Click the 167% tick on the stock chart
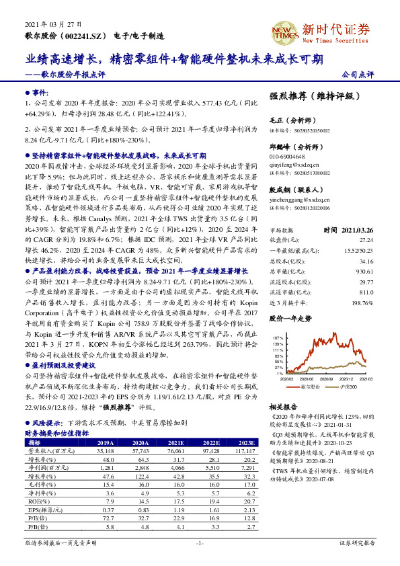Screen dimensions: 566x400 pyautogui.click(x=278, y=337)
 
